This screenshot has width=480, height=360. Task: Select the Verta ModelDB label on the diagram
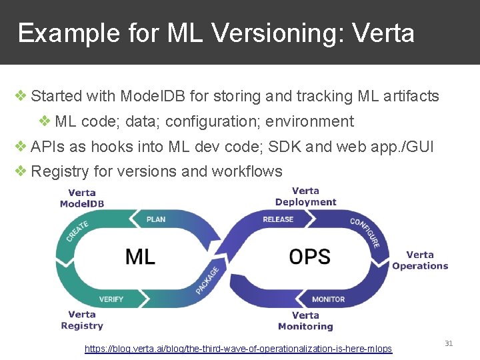pyautogui.click(x=82, y=198)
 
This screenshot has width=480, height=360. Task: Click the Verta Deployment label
pyautogui.click(x=305, y=197)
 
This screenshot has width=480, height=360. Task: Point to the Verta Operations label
pyautogui.click(x=420, y=260)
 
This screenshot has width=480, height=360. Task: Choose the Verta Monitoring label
pyautogui.click(x=305, y=321)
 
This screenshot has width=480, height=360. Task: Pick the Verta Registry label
pyautogui.click(x=82, y=320)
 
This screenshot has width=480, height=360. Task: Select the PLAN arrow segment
pyautogui.click(x=156, y=219)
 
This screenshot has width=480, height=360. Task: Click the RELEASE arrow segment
pyautogui.click(x=278, y=219)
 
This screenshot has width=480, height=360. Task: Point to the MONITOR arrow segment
pyautogui.click(x=328, y=299)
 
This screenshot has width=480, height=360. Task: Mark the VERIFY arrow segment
pyautogui.click(x=111, y=299)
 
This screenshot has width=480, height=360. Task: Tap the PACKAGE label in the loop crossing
pyautogui.click(x=207, y=281)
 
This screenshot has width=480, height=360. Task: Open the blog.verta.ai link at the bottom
pyautogui.click(x=239, y=349)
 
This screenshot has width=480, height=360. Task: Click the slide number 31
pyautogui.click(x=449, y=343)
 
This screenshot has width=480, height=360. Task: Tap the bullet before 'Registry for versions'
pyautogui.click(x=21, y=171)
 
